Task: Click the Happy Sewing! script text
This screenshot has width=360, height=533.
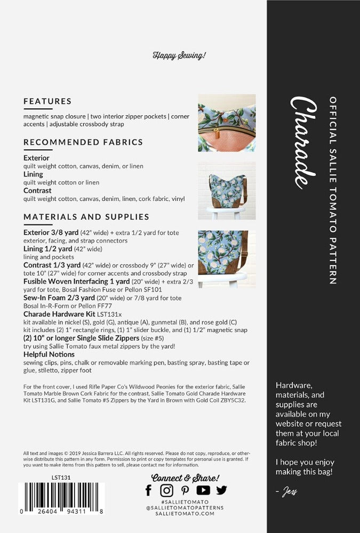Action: [179, 55]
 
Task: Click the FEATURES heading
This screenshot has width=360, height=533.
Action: [47, 101]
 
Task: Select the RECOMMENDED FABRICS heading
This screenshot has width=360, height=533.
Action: [83, 142]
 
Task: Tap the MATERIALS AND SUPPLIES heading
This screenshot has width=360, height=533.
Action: [86, 217]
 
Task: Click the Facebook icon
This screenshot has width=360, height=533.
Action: [148, 490]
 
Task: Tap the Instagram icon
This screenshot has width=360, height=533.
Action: [167, 490]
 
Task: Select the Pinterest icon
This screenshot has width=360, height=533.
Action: [185, 490]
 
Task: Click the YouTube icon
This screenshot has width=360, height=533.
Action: [203, 490]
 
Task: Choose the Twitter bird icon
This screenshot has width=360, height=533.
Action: [221, 490]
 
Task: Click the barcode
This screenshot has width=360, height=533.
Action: [62, 498]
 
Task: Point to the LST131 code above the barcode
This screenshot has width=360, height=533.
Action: [61, 478]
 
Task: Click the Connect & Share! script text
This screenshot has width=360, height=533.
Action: [185, 478]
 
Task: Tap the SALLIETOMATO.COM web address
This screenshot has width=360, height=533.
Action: [185, 513]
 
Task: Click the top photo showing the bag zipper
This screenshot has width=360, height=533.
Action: [227, 123]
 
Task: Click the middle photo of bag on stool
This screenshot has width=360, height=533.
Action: [227, 191]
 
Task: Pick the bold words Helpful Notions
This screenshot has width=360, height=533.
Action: [49, 354]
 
